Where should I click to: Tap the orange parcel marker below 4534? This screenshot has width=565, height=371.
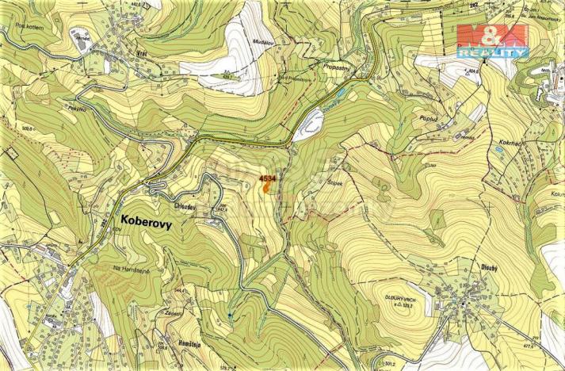pos(267,190)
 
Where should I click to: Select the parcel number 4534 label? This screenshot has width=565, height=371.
pos(267,180)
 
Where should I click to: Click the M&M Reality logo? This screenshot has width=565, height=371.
pos(491,40)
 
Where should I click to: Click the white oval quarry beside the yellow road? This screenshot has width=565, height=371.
pos(308,124)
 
